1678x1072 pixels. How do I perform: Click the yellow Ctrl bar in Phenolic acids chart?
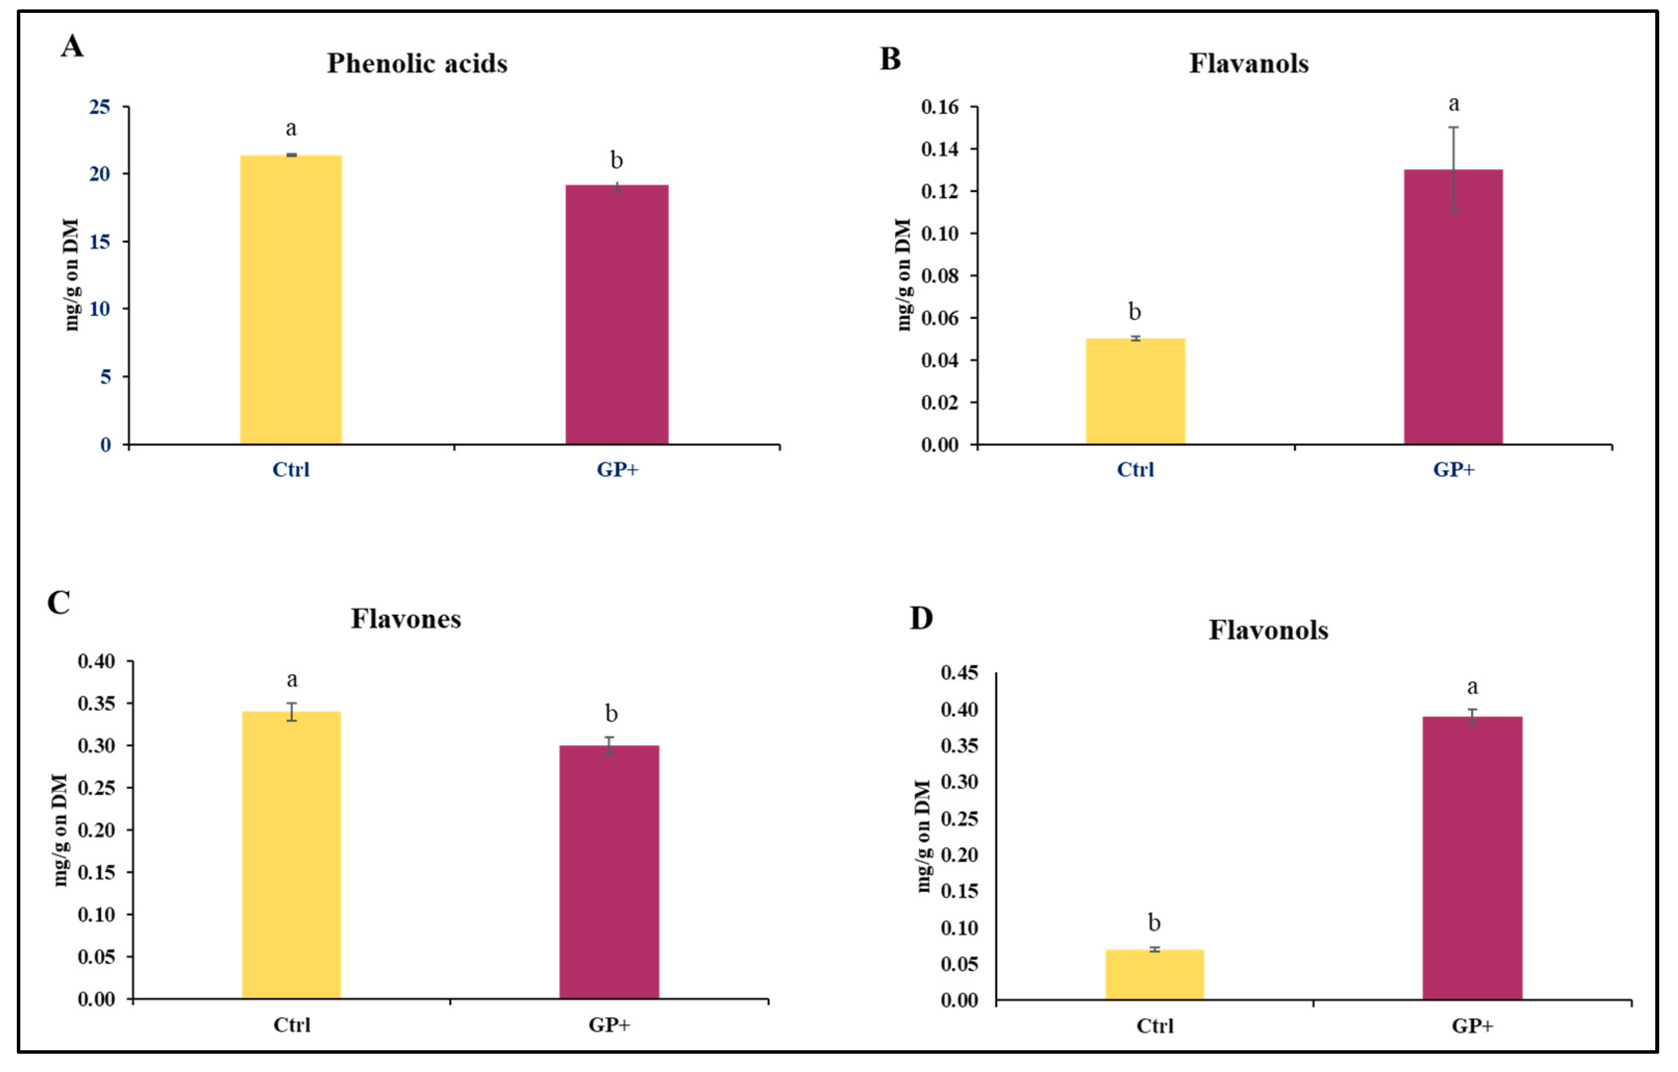(x=291, y=300)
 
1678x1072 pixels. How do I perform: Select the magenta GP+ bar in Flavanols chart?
(x=1453, y=307)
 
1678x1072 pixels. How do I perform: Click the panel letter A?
(x=73, y=46)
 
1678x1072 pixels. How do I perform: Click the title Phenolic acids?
(x=417, y=63)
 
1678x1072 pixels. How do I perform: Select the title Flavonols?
(x=1268, y=630)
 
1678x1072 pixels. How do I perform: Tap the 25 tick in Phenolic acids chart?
(x=99, y=107)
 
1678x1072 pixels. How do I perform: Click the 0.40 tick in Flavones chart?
(x=96, y=661)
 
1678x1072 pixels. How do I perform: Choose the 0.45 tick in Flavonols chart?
(x=959, y=673)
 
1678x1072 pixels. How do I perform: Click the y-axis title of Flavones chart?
(x=61, y=830)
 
